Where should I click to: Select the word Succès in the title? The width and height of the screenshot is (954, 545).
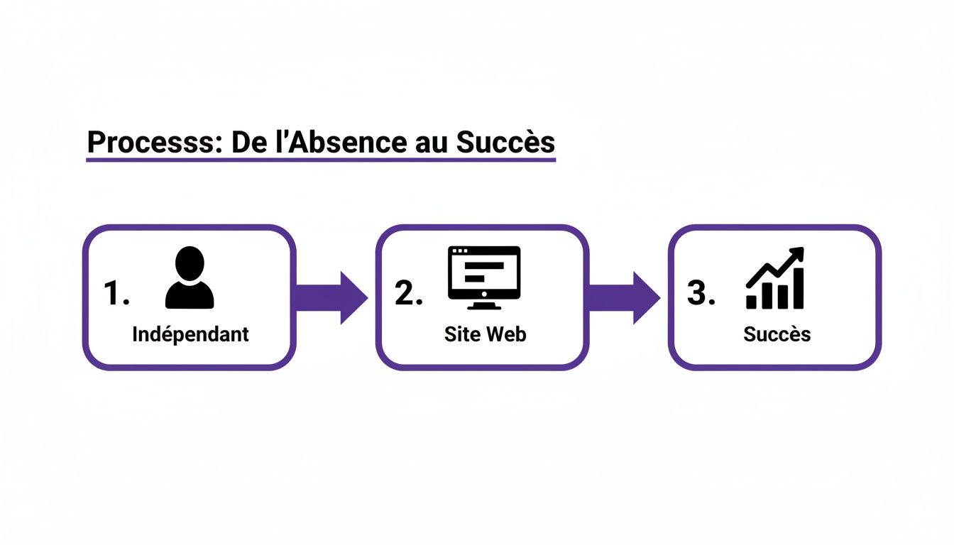(505, 142)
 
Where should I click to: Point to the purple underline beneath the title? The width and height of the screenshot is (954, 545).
(320, 161)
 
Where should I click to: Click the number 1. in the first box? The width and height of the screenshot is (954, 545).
(116, 292)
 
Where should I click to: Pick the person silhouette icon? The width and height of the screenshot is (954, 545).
(190, 278)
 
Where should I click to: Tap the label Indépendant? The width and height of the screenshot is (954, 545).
(190, 334)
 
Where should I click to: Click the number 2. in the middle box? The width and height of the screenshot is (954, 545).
(409, 292)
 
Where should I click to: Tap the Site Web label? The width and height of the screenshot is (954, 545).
(485, 334)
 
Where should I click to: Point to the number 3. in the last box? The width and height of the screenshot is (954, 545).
(701, 292)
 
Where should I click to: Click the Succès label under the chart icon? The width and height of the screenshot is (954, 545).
(777, 334)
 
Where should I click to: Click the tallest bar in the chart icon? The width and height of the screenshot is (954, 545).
(799, 289)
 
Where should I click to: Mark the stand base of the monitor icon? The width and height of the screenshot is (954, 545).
(484, 306)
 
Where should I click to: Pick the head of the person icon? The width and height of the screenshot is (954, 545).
(190, 263)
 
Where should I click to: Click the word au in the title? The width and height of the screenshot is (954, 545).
(429, 143)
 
